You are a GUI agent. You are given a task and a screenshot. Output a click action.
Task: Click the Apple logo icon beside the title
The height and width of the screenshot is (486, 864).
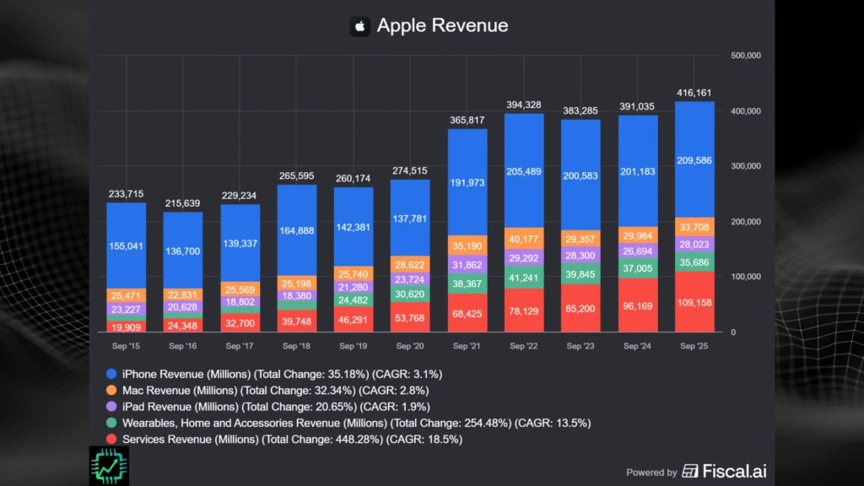[360, 26]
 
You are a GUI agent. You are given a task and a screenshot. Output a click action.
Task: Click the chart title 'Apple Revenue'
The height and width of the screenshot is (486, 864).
[442, 25]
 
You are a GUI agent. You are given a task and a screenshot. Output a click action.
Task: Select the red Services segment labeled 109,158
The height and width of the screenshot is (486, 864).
[694, 301]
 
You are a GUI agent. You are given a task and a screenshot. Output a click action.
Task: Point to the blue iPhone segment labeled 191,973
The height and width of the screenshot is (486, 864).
[467, 182]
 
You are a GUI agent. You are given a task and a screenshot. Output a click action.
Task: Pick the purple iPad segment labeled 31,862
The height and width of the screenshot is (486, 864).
[467, 264]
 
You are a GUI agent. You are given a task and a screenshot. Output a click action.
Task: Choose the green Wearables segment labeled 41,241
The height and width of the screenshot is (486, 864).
[524, 276]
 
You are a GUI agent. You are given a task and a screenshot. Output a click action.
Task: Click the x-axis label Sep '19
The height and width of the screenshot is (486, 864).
[354, 346]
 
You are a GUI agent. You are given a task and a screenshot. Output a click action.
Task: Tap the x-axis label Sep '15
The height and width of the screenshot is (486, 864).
[126, 346]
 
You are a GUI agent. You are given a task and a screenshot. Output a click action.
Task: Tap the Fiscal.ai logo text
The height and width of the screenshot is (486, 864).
[736, 471]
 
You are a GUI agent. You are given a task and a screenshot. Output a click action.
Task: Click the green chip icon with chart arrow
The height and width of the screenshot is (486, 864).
[108, 465]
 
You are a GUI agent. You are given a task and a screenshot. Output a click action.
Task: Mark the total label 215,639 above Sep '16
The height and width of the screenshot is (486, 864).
[182, 203]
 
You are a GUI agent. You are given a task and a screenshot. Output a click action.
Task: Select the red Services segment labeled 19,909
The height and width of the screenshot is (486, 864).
[126, 326]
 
